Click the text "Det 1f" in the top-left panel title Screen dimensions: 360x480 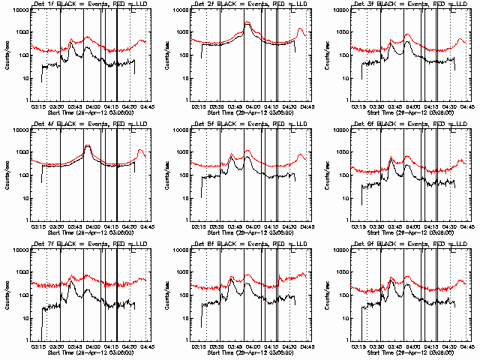(37, 5)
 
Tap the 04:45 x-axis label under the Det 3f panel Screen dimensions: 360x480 (466, 107)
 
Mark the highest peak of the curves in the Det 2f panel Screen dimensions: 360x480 (247, 23)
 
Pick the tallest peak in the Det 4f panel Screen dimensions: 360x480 (88, 145)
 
